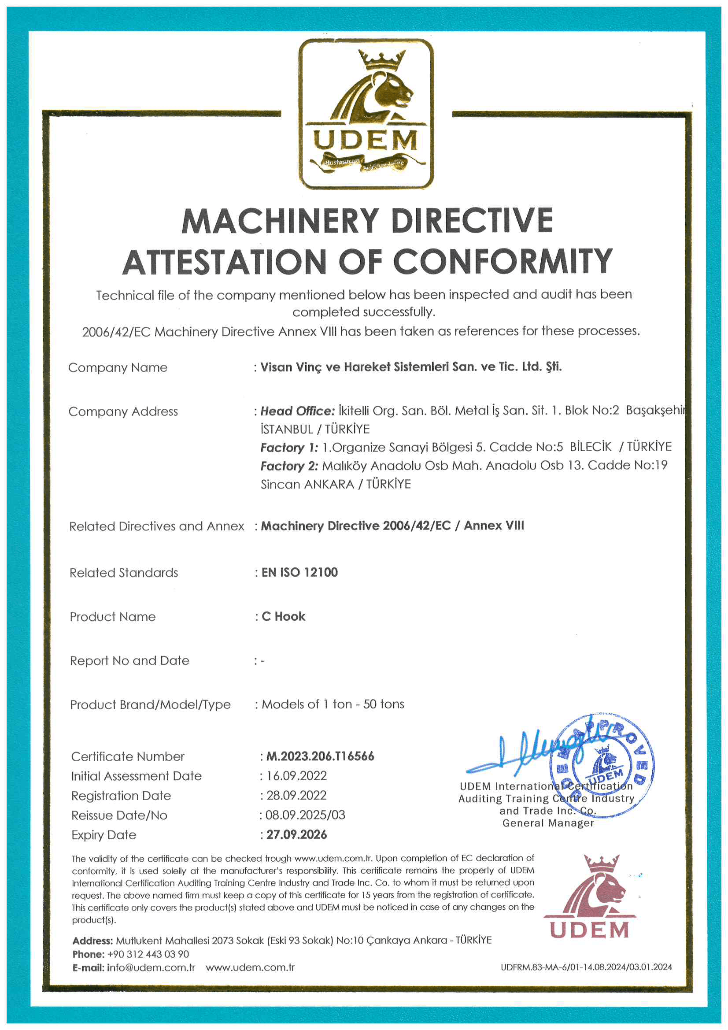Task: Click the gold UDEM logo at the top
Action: (366, 114)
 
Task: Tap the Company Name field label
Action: (118, 368)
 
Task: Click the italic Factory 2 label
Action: (289, 466)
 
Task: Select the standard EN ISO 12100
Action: (299, 572)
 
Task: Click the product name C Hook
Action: (284, 616)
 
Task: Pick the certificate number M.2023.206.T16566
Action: (320, 756)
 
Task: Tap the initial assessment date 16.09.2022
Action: (296, 776)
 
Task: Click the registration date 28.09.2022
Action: (296, 795)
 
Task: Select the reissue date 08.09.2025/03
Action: (305, 815)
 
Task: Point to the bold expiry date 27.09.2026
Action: (296, 834)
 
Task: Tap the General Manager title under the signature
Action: (548, 823)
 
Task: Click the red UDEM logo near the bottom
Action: (590, 898)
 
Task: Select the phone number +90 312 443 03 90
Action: (148, 954)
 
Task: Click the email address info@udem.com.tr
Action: (151, 967)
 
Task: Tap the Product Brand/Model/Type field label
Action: (150, 705)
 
